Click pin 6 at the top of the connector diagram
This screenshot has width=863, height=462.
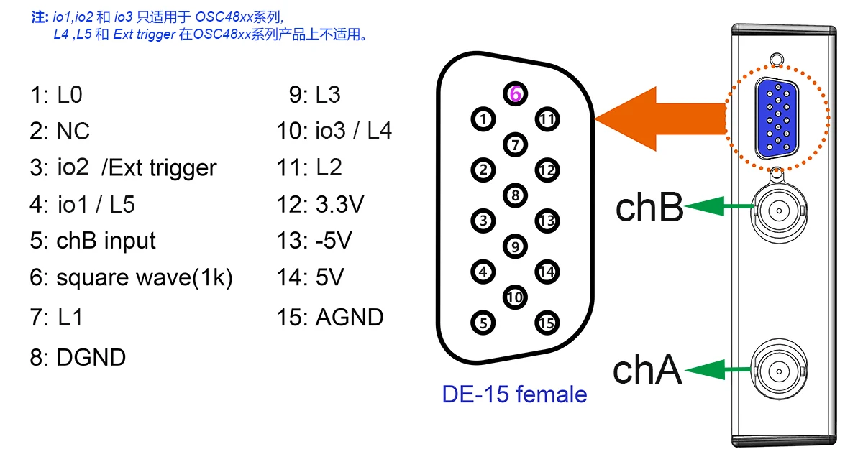pos(515,93)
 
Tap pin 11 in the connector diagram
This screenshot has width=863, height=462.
pos(547,119)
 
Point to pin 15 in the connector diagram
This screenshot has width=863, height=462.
pos(547,323)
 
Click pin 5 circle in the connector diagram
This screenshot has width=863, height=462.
pos(483,323)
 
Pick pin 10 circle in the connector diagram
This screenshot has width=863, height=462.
pos(514,297)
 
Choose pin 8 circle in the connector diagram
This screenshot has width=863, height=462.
pos(515,195)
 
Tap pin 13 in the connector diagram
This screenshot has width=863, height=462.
pos(547,221)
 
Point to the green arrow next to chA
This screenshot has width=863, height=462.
pos(719,370)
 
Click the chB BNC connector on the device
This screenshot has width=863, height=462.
pos(777,209)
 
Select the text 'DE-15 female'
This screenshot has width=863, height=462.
pos(514,394)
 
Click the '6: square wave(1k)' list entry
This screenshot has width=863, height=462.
pos(131,278)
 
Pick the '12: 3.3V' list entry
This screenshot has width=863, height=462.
pos(321,205)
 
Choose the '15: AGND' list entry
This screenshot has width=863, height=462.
pos(330,317)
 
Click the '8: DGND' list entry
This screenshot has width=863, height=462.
pos(78,357)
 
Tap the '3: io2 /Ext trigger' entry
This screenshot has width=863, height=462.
pos(123,168)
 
